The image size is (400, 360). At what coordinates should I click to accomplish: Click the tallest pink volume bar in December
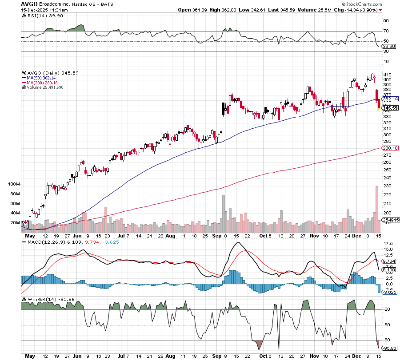point(377,209)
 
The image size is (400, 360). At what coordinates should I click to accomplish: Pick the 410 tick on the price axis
point(387,74)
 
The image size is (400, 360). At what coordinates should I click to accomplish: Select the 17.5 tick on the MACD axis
point(388,244)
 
